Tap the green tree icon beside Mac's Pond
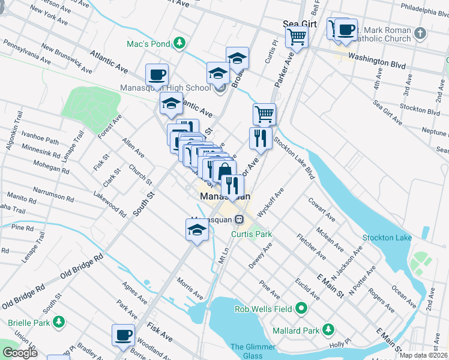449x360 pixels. pyautogui.click(x=178, y=43)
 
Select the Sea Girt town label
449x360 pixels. pyautogui.click(x=299, y=24)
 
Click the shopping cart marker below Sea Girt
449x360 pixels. pyautogui.click(x=297, y=37)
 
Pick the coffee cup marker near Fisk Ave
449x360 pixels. pyautogui.click(x=124, y=335)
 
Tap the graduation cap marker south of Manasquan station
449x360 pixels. pyautogui.click(x=197, y=230)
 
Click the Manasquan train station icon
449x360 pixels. pyautogui.click(x=238, y=219)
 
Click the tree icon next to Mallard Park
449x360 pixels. pyautogui.click(x=328, y=329)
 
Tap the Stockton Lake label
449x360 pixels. pyautogui.click(x=387, y=238)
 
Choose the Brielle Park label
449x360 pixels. pyautogui.click(x=28, y=322)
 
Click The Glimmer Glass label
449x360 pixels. pyautogui.click(x=253, y=351)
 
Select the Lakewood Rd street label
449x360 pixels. pyautogui.click(x=109, y=203)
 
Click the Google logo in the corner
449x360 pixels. pyautogui.click(x=20, y=353)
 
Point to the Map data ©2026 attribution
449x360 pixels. pyautogui.click(x=424, y=355)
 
